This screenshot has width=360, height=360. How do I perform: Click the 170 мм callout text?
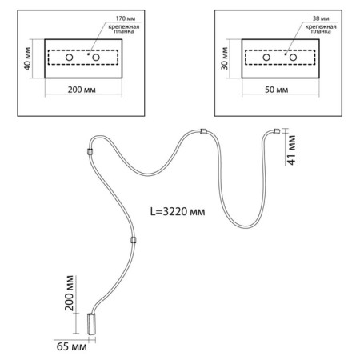pos(126,18)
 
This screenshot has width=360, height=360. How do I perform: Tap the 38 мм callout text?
pos(321,18)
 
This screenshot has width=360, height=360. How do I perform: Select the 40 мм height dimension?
pos(27,59)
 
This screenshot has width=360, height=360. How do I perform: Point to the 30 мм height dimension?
pos(225,58)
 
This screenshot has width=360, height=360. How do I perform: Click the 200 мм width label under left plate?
pos(82,90)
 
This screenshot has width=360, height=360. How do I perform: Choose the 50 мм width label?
pos(276,90)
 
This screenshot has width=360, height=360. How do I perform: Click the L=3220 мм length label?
pos(178,212)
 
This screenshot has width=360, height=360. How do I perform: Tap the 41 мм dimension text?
pos(291,150)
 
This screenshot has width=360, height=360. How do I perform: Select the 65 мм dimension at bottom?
pos(71,346)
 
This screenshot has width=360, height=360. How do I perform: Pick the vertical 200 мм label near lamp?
pos(69,293)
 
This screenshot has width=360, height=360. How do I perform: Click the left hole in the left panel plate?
pos(70,58)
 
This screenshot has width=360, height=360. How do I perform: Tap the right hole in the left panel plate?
pos(96,58)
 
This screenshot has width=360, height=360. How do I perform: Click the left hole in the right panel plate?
pos(266,58)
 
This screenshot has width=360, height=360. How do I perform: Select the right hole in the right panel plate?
pos(293,58)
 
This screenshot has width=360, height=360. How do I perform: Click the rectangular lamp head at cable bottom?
pos(91,324)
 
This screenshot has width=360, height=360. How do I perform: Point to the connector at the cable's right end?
pos(276,131)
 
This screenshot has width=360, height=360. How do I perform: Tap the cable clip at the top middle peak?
pos(203,131)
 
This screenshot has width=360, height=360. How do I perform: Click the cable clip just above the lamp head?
pos(134,240)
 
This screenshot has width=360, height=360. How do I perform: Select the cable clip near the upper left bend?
pos(90,152)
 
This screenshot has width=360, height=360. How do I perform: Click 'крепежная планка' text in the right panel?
pos(321,29)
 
